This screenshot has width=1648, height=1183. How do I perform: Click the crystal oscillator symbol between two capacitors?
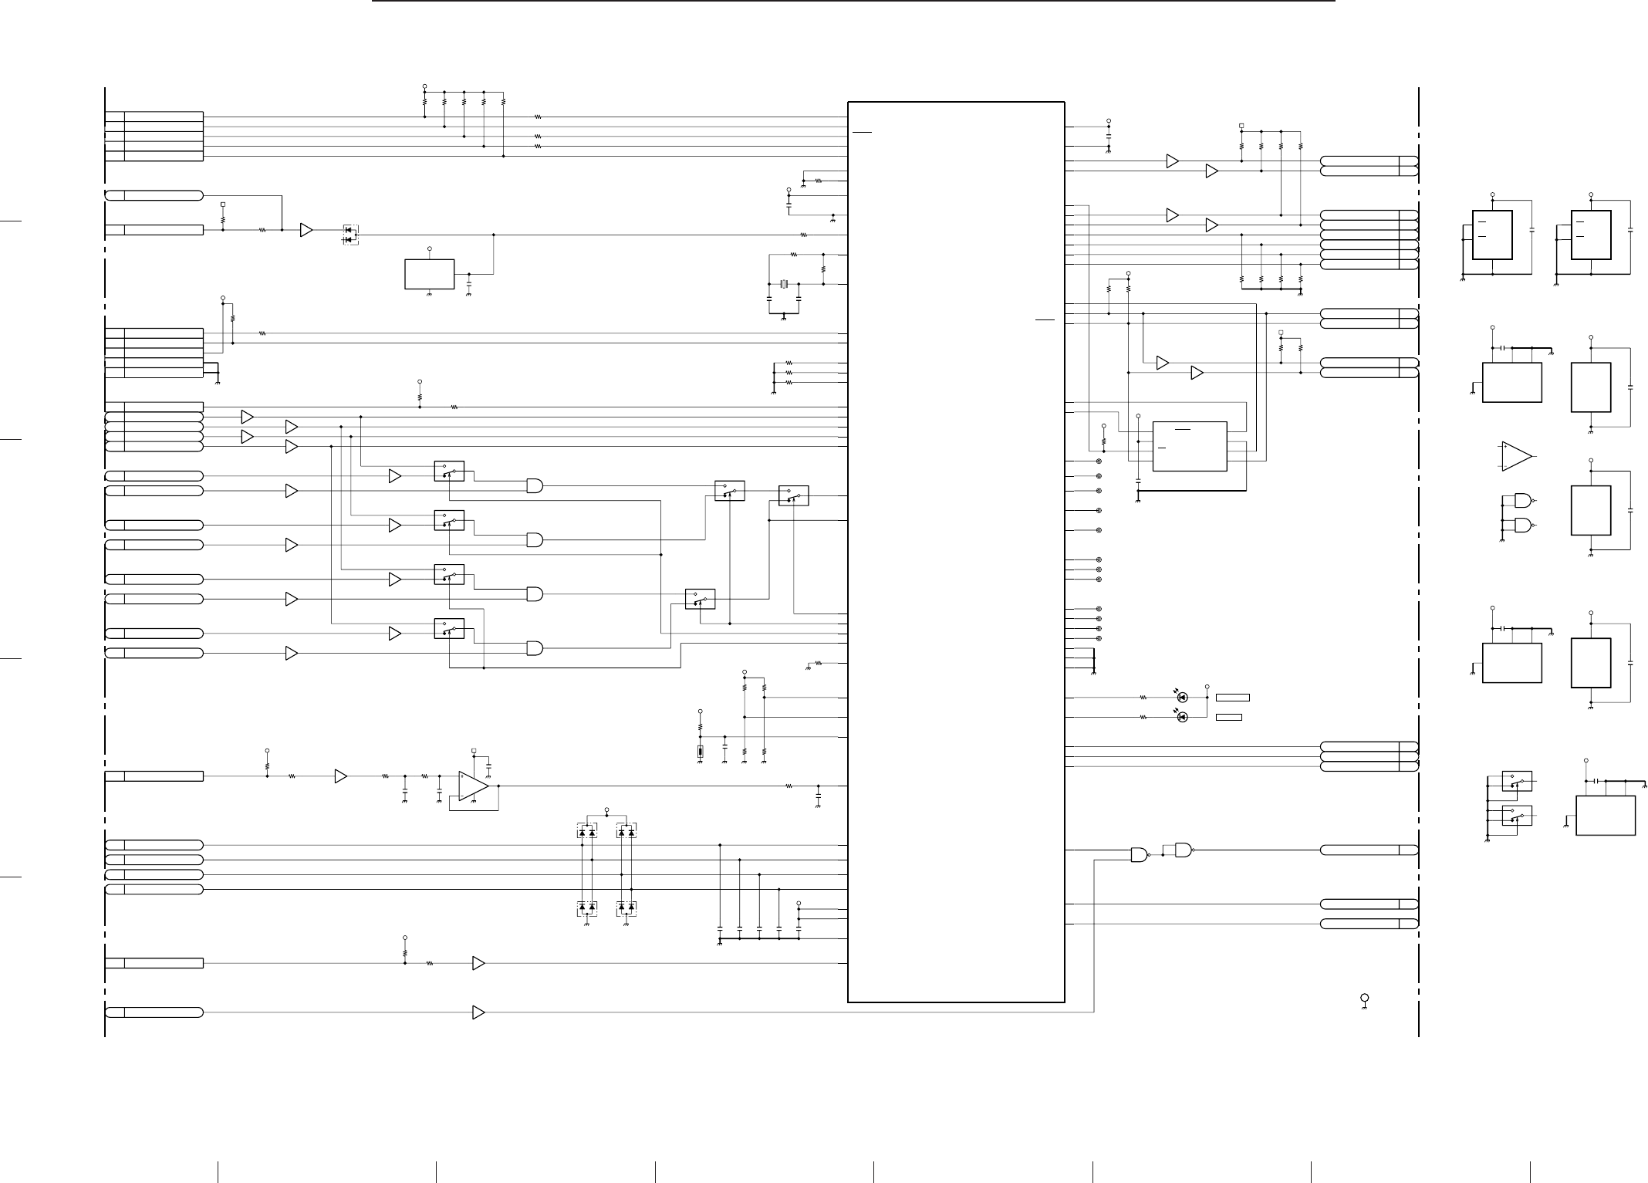click(x=784, y=284)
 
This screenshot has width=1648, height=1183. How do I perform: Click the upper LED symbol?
click(x=1183, y=698)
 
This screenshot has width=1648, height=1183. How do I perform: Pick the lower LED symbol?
click(x=1183, y=717)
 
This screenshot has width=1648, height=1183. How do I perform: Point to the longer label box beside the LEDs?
click(x=1232, y=698)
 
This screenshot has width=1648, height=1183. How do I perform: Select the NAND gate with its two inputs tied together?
click(x=1184, y=850)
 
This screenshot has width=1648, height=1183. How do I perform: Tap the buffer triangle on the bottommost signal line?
click(x=478, y=1012)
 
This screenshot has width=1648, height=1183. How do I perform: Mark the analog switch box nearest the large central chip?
click(x=794, y=495)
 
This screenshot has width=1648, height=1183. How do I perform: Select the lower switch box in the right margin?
click(x=1517, y=816)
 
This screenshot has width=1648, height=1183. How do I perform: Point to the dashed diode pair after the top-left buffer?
click(x=350, y=235)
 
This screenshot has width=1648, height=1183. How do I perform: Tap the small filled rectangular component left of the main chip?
click(x=700, y=752)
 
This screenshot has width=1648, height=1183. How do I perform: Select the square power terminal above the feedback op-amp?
click(x=474, y=750)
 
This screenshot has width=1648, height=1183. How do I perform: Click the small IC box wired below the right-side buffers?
click(x=1189, y=446)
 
